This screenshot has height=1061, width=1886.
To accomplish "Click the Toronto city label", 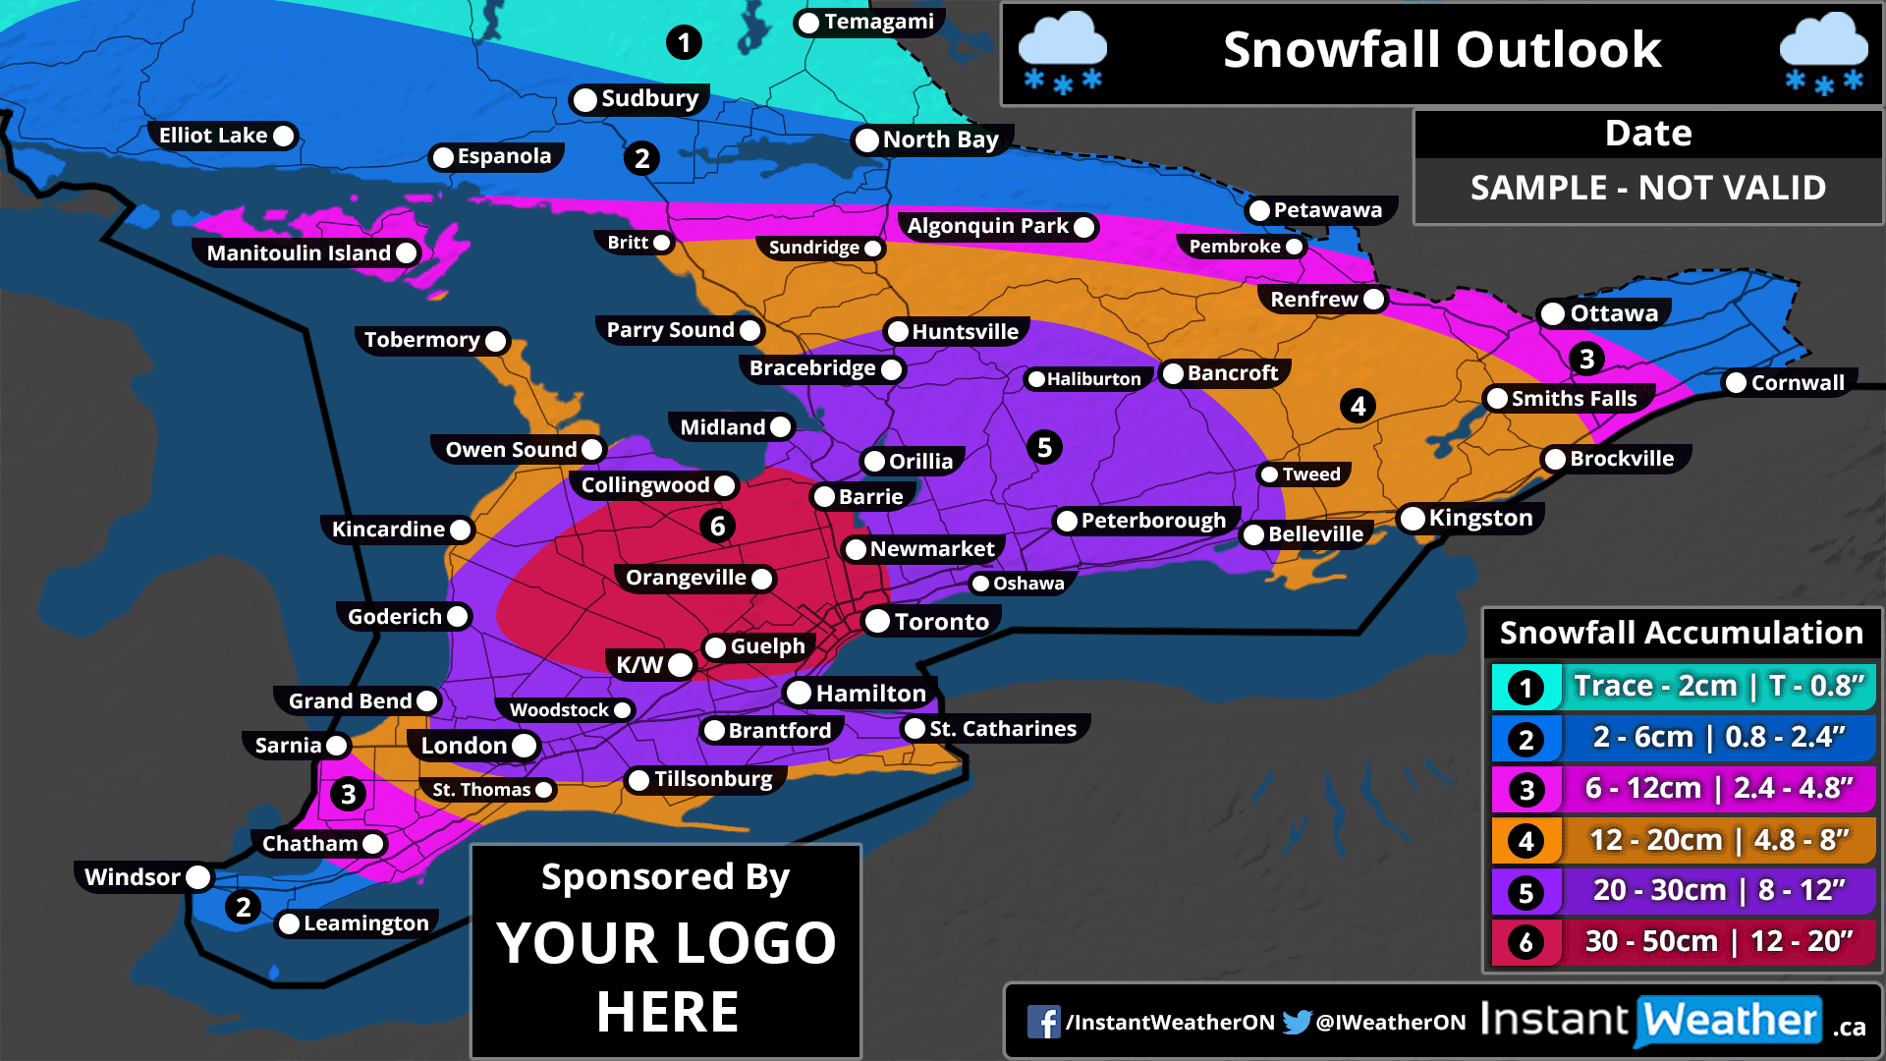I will click(940, 622).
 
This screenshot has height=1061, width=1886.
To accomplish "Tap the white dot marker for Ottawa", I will click(1553, 314).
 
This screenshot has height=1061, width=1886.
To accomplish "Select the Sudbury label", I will click(649, 98).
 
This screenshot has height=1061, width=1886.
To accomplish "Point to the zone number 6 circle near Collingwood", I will click(718, 527).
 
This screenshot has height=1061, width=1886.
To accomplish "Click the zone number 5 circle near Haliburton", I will click(1044, 448).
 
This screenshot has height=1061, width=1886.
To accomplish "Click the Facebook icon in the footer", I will click(1043, 1022).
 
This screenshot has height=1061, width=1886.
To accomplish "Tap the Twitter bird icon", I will click(1297, 1022).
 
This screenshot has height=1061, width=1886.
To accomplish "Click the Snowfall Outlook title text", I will click(1441, 50).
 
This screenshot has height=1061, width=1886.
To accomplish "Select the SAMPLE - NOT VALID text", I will click(1647, 188).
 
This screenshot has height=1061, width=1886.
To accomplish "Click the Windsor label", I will click(133, 877).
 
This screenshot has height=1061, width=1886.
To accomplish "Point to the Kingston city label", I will click(1479, 518).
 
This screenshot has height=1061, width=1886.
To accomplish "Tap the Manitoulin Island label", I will click(299, 253).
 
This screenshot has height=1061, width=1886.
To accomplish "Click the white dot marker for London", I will click(525, 746).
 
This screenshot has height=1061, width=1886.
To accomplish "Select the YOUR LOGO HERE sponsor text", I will click(666, 977).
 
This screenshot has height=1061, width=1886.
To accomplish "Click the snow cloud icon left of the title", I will click(1062, 53).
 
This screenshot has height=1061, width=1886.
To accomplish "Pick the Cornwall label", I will click(1797, 383).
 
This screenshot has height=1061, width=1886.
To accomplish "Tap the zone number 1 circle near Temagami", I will click(684, 42).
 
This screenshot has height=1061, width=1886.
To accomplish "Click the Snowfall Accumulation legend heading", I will click(1681, 633).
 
